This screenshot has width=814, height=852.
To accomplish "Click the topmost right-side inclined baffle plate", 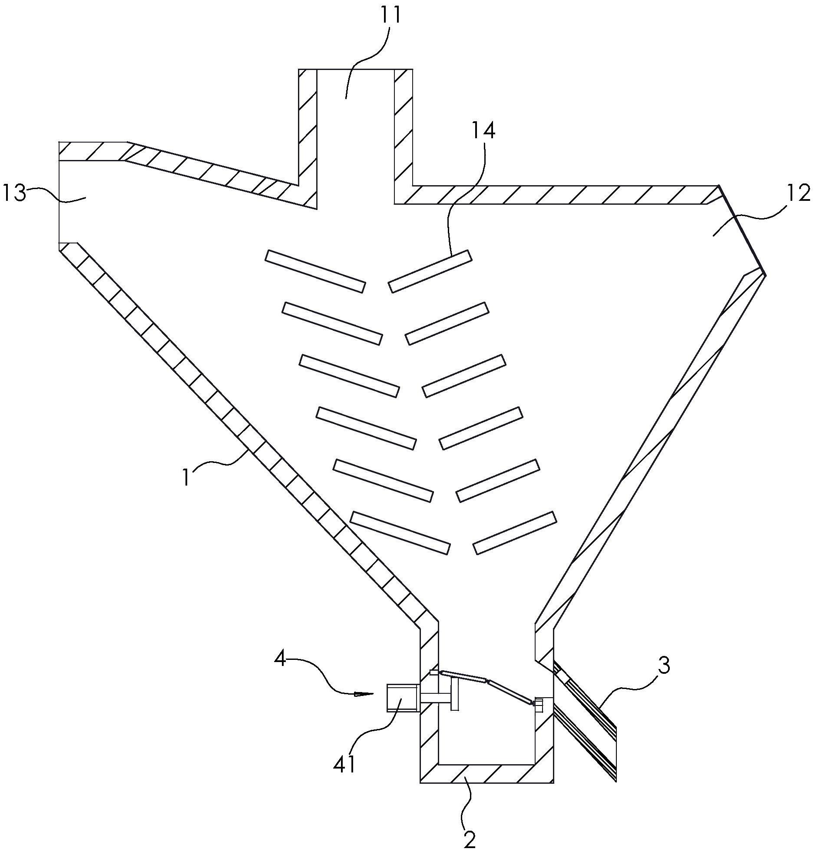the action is pos(430,271).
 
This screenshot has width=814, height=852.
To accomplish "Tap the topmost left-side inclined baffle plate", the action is pos(315,271).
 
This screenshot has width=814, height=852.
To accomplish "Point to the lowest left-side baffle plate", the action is pos(400,532).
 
